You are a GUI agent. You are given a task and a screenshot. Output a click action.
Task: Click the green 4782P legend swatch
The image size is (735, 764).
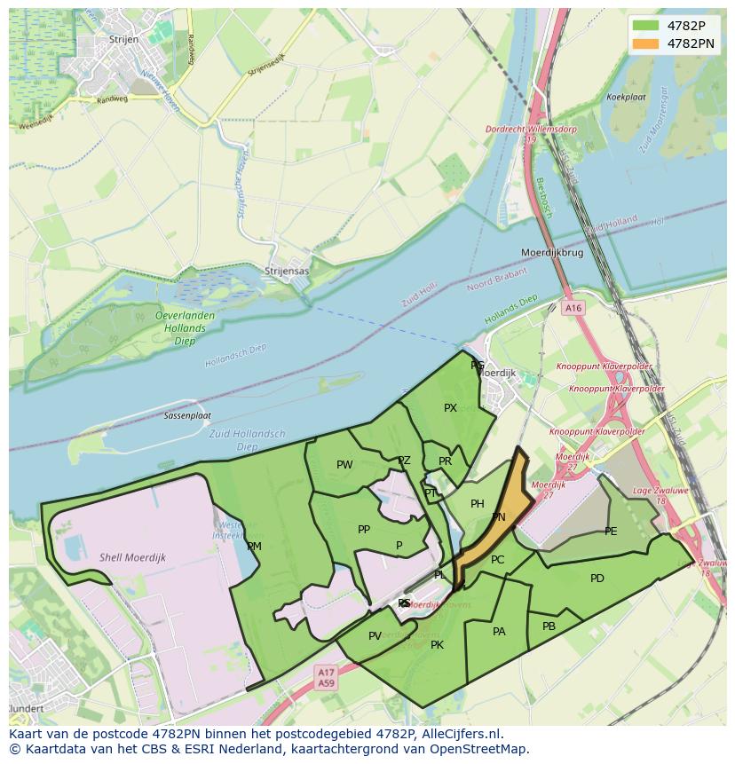[646, 26]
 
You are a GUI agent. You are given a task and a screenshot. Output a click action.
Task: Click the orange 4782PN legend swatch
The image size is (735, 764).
[646, 43]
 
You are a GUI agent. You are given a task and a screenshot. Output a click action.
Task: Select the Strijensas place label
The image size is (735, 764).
[287, 271]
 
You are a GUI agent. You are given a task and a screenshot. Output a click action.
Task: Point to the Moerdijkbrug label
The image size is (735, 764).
[552, 253]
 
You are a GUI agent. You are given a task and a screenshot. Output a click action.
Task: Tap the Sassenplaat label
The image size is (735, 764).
[187, 415]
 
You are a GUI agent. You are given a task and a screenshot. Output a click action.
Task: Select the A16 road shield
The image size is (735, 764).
[573, 308]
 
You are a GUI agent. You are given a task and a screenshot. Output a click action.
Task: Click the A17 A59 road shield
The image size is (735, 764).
[326, 678]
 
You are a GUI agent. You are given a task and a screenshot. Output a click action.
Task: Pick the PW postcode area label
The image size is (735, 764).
[344, 465]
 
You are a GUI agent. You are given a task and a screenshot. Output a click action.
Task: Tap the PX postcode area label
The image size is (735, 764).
[450, 408]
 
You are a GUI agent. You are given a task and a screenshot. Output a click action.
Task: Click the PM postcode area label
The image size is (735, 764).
[254, 547]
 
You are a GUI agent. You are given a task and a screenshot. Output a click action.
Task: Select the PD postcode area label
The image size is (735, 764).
[597, 579]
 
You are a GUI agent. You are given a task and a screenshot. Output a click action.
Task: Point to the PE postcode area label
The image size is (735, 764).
[611, 532]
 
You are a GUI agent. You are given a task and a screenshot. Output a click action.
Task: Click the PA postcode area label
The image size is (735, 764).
[499, 632]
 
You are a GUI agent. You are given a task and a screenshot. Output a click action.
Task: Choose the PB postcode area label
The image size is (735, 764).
[549, 626]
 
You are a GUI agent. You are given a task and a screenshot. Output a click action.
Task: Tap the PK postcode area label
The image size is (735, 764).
[437, 645]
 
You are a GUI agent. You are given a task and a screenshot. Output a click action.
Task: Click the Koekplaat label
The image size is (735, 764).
[625, 97]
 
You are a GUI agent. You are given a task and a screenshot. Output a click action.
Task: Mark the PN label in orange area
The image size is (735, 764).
[499, 517]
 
